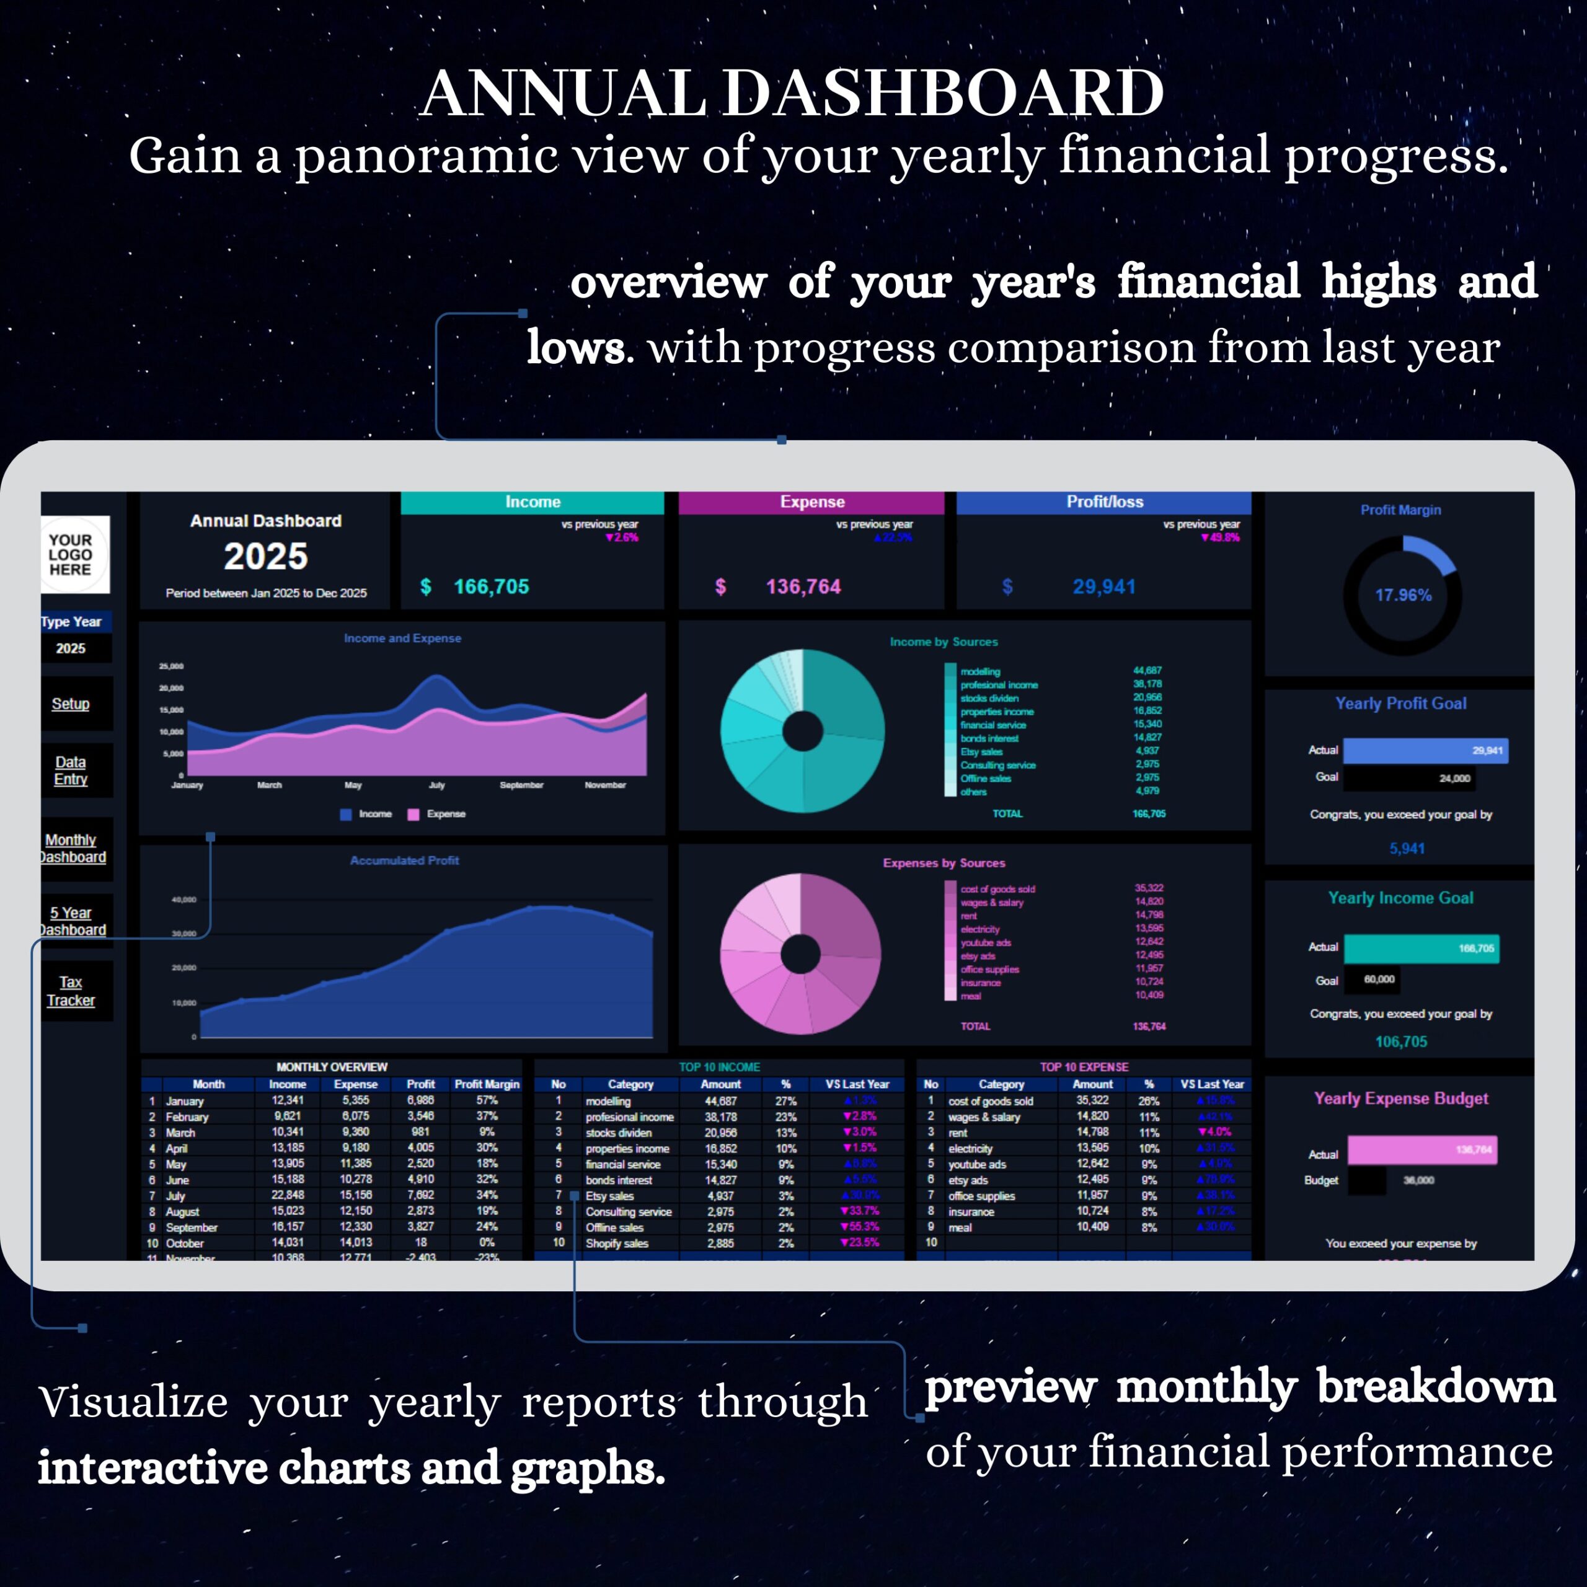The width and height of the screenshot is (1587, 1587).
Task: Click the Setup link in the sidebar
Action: (x=71, y=704)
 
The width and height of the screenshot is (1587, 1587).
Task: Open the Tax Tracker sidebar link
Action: (x=71, y=991)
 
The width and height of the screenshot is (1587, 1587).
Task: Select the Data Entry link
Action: (x=71, y=771)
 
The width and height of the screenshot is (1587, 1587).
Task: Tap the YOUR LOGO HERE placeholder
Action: (x=71, y=554)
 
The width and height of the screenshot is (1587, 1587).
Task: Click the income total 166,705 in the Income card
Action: (x=491, y=586)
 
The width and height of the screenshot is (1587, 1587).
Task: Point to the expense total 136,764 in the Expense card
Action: (x=803, y=586)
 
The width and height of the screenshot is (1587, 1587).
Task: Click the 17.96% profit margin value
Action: (x=1403, y=595)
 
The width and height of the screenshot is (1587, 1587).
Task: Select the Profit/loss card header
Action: (x=1104, y=502)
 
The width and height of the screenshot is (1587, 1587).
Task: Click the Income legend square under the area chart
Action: (x=346, y=814)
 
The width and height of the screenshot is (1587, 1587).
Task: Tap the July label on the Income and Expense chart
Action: (x=437, y=785)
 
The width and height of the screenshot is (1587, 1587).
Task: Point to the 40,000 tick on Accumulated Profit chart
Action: (x=184, y=900)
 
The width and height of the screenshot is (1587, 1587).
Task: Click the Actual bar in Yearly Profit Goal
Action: (x=1425, y=751)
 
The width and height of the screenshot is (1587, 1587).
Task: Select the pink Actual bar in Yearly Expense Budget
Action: (x=1421, y=1150)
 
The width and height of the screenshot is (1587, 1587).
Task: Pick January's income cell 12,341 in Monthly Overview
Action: (x=288, y=1101)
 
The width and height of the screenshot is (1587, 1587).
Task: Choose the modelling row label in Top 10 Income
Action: (x=608, y=1102)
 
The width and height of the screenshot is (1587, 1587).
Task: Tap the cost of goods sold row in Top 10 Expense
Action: (x=990, y=1102)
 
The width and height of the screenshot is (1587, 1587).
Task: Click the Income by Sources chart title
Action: (x=944, y=642)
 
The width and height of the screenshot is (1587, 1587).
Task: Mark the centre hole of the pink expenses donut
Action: (x=800, y=953)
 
